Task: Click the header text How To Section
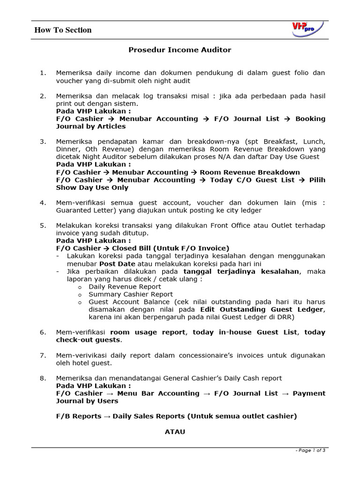click(63, 30)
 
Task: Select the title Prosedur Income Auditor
click(180, 50)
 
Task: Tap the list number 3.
click(43, 142)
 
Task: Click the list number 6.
click(43, 332)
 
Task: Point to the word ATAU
click(175, 432)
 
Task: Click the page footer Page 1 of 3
click(310, 450)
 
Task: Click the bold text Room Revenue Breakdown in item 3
click(250, 172)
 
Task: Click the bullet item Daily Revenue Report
click(125, 286)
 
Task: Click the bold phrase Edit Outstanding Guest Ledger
click(262, 309)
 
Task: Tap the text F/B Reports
click(78, 416)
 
